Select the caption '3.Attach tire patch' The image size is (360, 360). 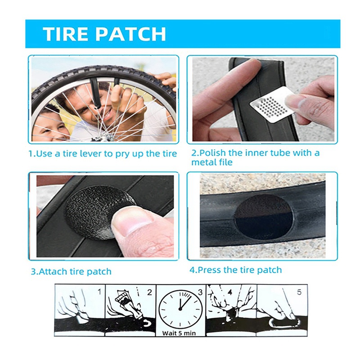[x=71, y=271]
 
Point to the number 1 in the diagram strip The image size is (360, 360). [x=99, y=292]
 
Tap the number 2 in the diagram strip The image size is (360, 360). [x=150, y=292]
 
